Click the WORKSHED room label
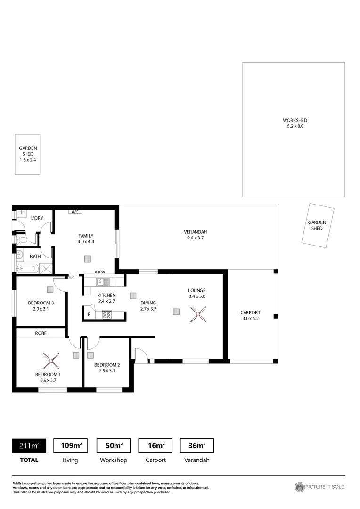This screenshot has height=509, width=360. [295, 120]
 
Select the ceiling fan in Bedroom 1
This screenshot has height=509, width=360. [51, 361]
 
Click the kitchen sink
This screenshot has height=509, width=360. [103, 282]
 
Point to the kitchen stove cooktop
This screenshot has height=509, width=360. [106, 315]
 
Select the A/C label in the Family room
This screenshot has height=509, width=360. [75, 212]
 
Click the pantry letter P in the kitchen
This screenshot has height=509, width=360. [89, 314]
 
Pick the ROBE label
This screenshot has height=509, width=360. [41, 333]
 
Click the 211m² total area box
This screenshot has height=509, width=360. [29, 445]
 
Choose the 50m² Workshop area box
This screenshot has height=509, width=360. [113, 445]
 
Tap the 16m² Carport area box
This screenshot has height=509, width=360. [155, 445]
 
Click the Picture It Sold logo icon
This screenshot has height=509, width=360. [300, 487]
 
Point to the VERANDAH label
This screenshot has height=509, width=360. [196, 232]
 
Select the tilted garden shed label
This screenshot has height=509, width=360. [317, 225]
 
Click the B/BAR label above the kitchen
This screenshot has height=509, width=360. [99, 272]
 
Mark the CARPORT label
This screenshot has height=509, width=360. [250, 312]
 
